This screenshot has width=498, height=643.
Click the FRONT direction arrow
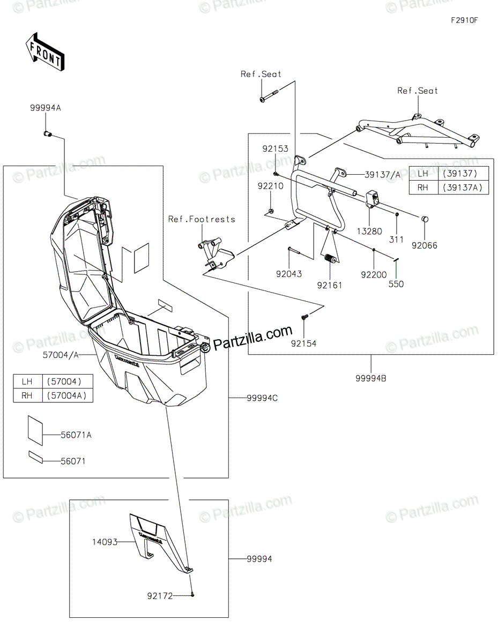46,51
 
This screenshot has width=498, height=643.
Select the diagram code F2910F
464,20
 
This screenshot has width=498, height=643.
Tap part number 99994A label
46,108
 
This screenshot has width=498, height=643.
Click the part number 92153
276,148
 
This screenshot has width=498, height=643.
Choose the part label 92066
425,245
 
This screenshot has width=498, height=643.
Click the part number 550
397,284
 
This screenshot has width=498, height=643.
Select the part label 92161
329,285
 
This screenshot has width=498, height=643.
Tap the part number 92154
304,343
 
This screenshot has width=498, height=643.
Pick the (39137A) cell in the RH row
464,187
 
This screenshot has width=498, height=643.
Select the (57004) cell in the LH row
64,382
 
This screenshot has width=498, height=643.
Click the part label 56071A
76,435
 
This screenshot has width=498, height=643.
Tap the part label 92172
160,595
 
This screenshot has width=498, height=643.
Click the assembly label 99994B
370,378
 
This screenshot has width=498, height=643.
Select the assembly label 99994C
262,398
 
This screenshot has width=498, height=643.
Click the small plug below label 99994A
47,133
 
